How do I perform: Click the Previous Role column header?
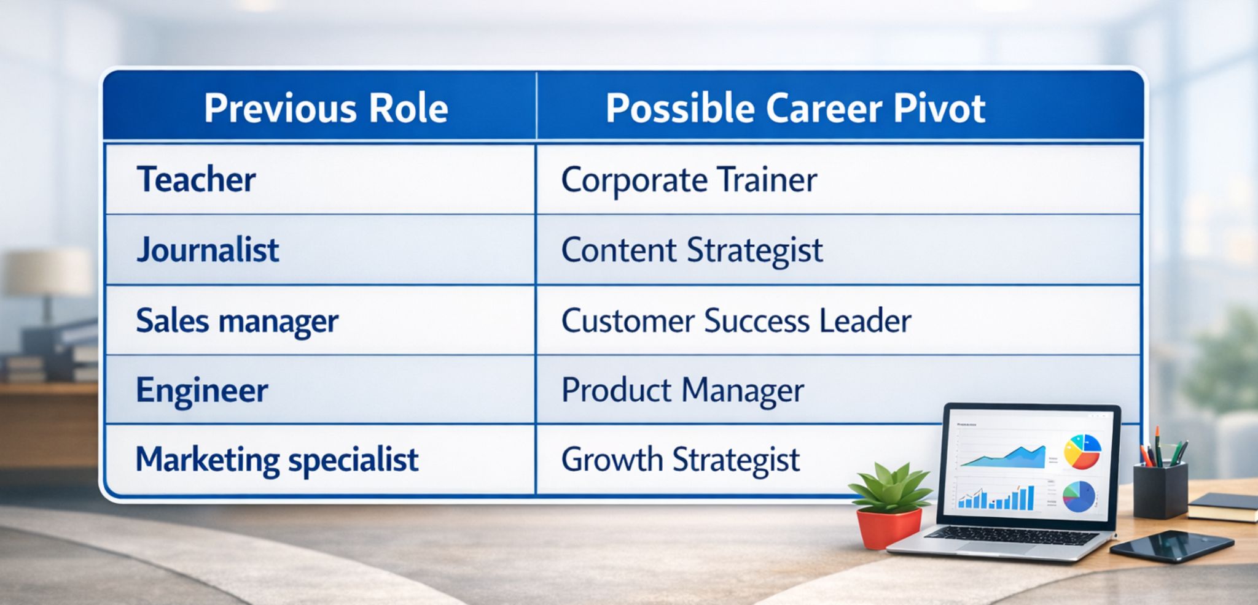point(326,109)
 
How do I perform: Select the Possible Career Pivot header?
point(795,109)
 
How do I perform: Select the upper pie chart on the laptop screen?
point(1082,452)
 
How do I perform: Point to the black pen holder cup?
point(1160,491)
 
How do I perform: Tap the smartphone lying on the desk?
point(1171,545)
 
